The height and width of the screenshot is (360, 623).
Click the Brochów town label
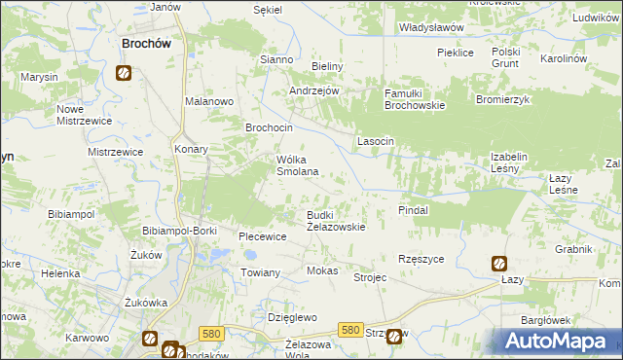tap(146, 43)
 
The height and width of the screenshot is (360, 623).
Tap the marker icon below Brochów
tap(124, 72)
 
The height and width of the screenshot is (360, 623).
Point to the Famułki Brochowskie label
tap(414, 98)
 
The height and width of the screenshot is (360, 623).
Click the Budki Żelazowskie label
tap(335, 220)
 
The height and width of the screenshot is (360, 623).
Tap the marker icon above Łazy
tap(498, 263)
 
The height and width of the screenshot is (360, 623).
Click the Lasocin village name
tap(376, 141)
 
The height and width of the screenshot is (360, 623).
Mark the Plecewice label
tap(262, 236)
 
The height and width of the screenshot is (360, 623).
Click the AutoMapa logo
tap(558, 342)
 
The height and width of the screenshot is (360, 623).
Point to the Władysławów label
tap(431, 28)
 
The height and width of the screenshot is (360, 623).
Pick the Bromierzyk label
tap(502, 99)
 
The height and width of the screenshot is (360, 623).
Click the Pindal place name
tap(414, 209)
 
